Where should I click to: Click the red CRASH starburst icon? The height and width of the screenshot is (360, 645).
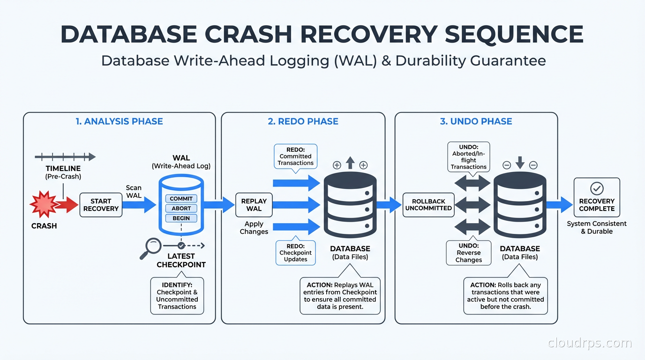(x=43, y=204)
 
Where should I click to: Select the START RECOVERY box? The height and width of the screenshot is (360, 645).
(x=101, y=205)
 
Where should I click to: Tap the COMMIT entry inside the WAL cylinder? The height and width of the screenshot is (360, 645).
(x=181, y=199)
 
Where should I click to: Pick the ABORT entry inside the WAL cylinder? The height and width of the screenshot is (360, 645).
(x=181, y=209)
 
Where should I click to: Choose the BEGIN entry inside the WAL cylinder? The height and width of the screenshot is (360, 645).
(x=181, y=218)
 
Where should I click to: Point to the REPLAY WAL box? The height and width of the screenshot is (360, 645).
(x=254, y=205)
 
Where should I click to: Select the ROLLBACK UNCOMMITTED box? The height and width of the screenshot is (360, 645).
(x=428, y=205)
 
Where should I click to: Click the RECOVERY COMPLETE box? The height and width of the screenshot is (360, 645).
(x=596, y=197)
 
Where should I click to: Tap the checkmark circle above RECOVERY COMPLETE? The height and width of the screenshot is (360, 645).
(x=597, y=188)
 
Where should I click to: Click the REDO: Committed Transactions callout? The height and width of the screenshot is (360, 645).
(x=295, y=156)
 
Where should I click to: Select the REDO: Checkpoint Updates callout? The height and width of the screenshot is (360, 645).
(x=295, y=253)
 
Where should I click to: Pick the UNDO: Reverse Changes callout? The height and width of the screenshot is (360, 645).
(x=468, y=253)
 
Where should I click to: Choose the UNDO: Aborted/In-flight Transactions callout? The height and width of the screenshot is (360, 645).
(x=468, y=157)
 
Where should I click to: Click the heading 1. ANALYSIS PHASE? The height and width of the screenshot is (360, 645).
(x=119, y=121)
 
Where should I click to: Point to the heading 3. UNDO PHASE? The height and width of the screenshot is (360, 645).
(x=476, y=121)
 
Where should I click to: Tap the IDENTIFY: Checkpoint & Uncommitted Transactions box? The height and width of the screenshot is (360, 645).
(x=177, y=296)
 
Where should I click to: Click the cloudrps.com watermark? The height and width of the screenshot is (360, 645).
(x=590, y=343)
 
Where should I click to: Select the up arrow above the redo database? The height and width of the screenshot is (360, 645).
(x=350, y=163)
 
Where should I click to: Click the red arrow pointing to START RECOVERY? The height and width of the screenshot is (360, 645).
(x=67, y=205)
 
